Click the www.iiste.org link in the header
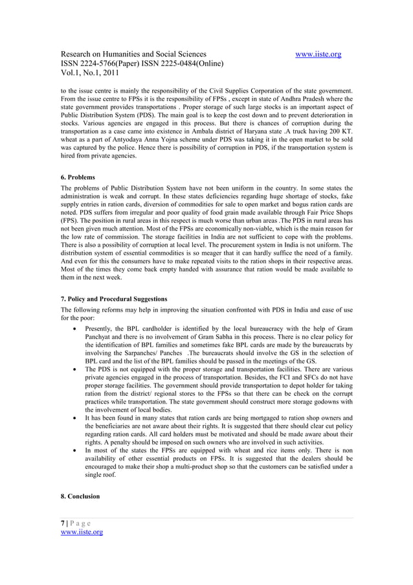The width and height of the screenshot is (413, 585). point(318,54)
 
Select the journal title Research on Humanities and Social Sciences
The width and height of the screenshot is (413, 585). point(134,54)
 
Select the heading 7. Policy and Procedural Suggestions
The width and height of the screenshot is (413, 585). point(114,299)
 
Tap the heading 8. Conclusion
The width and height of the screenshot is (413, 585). point(80,496)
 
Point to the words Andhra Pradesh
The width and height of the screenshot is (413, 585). point(313,98)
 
